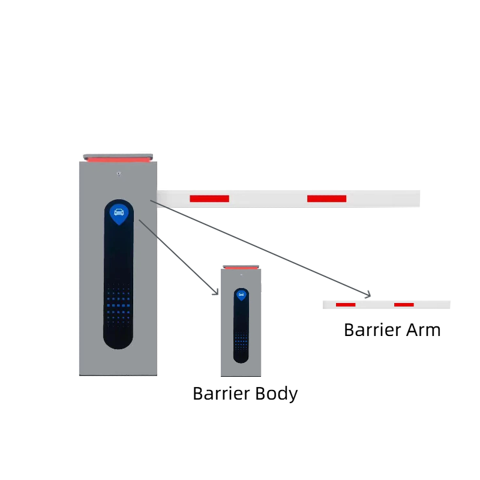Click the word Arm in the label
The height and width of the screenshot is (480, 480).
424,330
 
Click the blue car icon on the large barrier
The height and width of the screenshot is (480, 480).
119,212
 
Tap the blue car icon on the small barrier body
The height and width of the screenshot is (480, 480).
241,295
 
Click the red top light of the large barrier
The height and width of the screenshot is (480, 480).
118,160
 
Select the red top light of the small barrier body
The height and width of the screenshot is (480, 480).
241,267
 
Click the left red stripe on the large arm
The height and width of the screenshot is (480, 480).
209,199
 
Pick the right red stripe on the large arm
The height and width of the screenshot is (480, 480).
326,199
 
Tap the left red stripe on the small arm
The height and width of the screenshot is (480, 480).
346,305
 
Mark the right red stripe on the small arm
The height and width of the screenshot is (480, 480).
404,305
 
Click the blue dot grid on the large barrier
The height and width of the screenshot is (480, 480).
119,306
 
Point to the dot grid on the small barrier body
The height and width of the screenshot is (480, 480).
241,341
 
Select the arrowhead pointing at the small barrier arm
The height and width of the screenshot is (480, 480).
368,295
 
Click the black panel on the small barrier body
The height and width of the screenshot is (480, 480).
241,324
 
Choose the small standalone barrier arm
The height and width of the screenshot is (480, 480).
386,305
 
